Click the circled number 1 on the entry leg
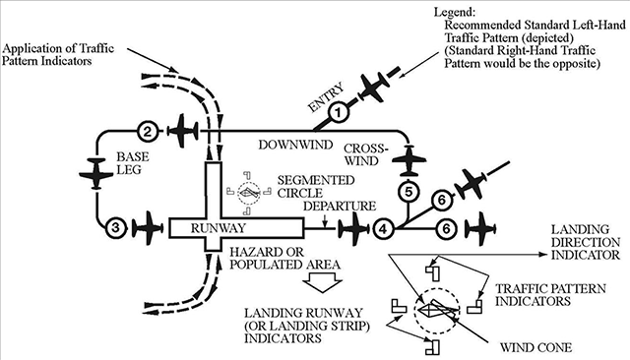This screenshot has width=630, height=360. point(338,113)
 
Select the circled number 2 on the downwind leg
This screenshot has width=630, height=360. point(148,131)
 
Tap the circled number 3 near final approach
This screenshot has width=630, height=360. point(116,228)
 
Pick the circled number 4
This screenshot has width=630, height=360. point(383,229)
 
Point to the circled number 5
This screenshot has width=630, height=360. point(409,192)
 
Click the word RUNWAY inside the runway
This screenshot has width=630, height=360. point(218,228)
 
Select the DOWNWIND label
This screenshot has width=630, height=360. point(295,145)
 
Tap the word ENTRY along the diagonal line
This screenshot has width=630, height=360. point(326,97)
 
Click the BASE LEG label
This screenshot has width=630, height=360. point(133,163)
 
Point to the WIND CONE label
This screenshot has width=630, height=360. point(535,347)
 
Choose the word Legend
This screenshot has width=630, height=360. point(454,12)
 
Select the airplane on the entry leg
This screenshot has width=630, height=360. point(374,88)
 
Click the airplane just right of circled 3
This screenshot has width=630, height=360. point(148,228)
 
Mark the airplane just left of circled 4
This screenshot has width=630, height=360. point(353,229)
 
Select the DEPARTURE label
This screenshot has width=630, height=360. point(340,206)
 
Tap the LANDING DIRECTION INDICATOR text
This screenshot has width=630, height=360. point(586,242)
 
